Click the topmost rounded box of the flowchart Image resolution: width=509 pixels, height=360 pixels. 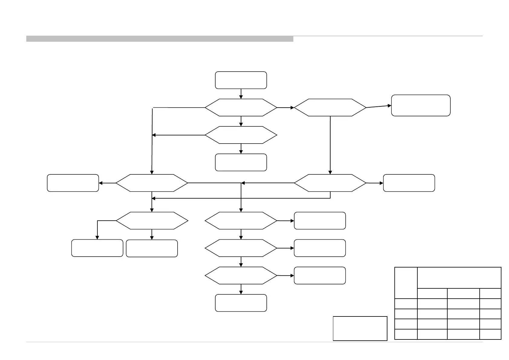coord(241,80)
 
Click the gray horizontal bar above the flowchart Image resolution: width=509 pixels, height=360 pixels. coord(160,39)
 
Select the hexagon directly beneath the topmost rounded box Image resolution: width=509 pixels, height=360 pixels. coord(241,107)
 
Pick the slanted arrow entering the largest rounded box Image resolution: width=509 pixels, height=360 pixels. coord(379,106)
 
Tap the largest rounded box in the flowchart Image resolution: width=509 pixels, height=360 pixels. coord(421,105)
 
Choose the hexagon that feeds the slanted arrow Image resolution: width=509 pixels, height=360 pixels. coord(330,107)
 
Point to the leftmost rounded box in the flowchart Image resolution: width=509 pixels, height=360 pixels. coord(73,183)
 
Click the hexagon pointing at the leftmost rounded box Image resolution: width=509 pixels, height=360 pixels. coord(152,183)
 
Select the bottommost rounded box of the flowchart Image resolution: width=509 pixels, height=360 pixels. coord(241,303)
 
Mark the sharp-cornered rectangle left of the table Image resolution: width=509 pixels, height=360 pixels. coord(360,328)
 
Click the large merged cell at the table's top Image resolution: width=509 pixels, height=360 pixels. coord(459,278)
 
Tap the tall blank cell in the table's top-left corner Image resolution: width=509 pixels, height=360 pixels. coord(406,283)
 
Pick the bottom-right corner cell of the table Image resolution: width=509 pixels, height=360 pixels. coord(490,334)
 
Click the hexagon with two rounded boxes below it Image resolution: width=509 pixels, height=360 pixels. coord(152,221)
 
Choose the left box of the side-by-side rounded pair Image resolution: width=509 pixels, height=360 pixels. coord(97,248)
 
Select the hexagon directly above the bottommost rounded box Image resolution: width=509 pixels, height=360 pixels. coord(241,276)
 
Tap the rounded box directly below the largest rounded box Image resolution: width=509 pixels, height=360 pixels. coord(409,183)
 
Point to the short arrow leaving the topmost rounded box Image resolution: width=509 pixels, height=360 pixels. coord(241,94)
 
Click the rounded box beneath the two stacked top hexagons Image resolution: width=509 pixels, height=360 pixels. coord(241,162)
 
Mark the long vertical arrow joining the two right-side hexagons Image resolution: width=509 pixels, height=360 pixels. coord(330,145)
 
